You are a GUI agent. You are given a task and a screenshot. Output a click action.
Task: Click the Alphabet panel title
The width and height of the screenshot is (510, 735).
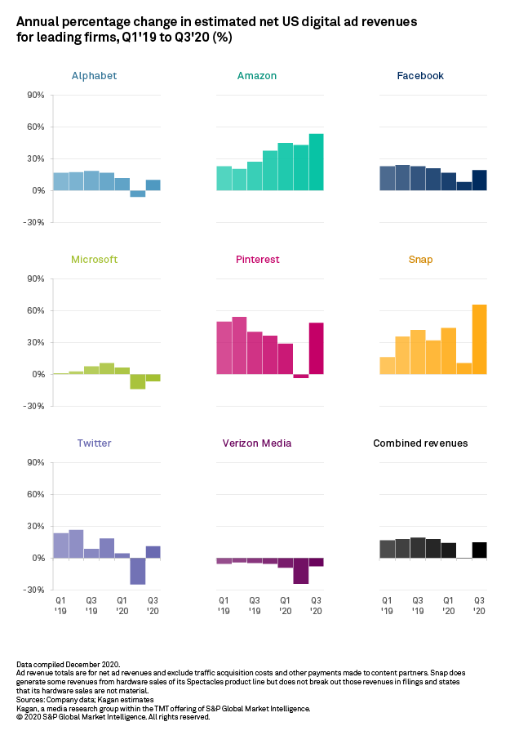(94, 76)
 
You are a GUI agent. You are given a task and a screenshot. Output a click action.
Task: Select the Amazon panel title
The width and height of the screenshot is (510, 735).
(257, 76)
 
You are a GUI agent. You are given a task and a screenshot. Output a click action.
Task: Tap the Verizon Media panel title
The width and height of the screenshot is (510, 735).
(257, 443)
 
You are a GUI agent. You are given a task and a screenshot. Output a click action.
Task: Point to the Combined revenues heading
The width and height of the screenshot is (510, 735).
(420, 443)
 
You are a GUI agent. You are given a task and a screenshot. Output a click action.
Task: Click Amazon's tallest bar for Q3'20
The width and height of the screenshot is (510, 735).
(316, 162)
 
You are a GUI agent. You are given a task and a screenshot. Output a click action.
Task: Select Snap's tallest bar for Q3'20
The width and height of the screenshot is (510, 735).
(479, 339)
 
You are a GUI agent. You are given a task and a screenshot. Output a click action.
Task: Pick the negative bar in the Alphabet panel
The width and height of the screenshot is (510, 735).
(137, 194)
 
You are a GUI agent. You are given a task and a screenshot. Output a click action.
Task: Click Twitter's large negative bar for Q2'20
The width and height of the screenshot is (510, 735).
(137, 571)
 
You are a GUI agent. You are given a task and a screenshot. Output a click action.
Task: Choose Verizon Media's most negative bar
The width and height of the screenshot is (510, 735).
(300, 571)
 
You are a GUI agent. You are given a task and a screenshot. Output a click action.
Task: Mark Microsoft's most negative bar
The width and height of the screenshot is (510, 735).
(137, 381)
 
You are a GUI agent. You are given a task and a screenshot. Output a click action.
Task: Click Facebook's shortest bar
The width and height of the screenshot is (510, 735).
(463, 186)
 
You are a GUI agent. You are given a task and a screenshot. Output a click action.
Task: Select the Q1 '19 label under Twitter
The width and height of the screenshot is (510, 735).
(60, 605)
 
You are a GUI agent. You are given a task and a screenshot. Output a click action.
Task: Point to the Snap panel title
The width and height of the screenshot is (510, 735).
(420, 260)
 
